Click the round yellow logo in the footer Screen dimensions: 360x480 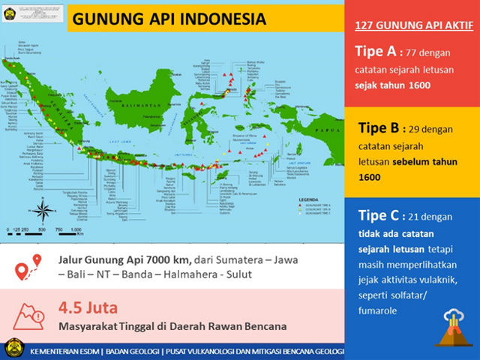(x=11, y=349)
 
